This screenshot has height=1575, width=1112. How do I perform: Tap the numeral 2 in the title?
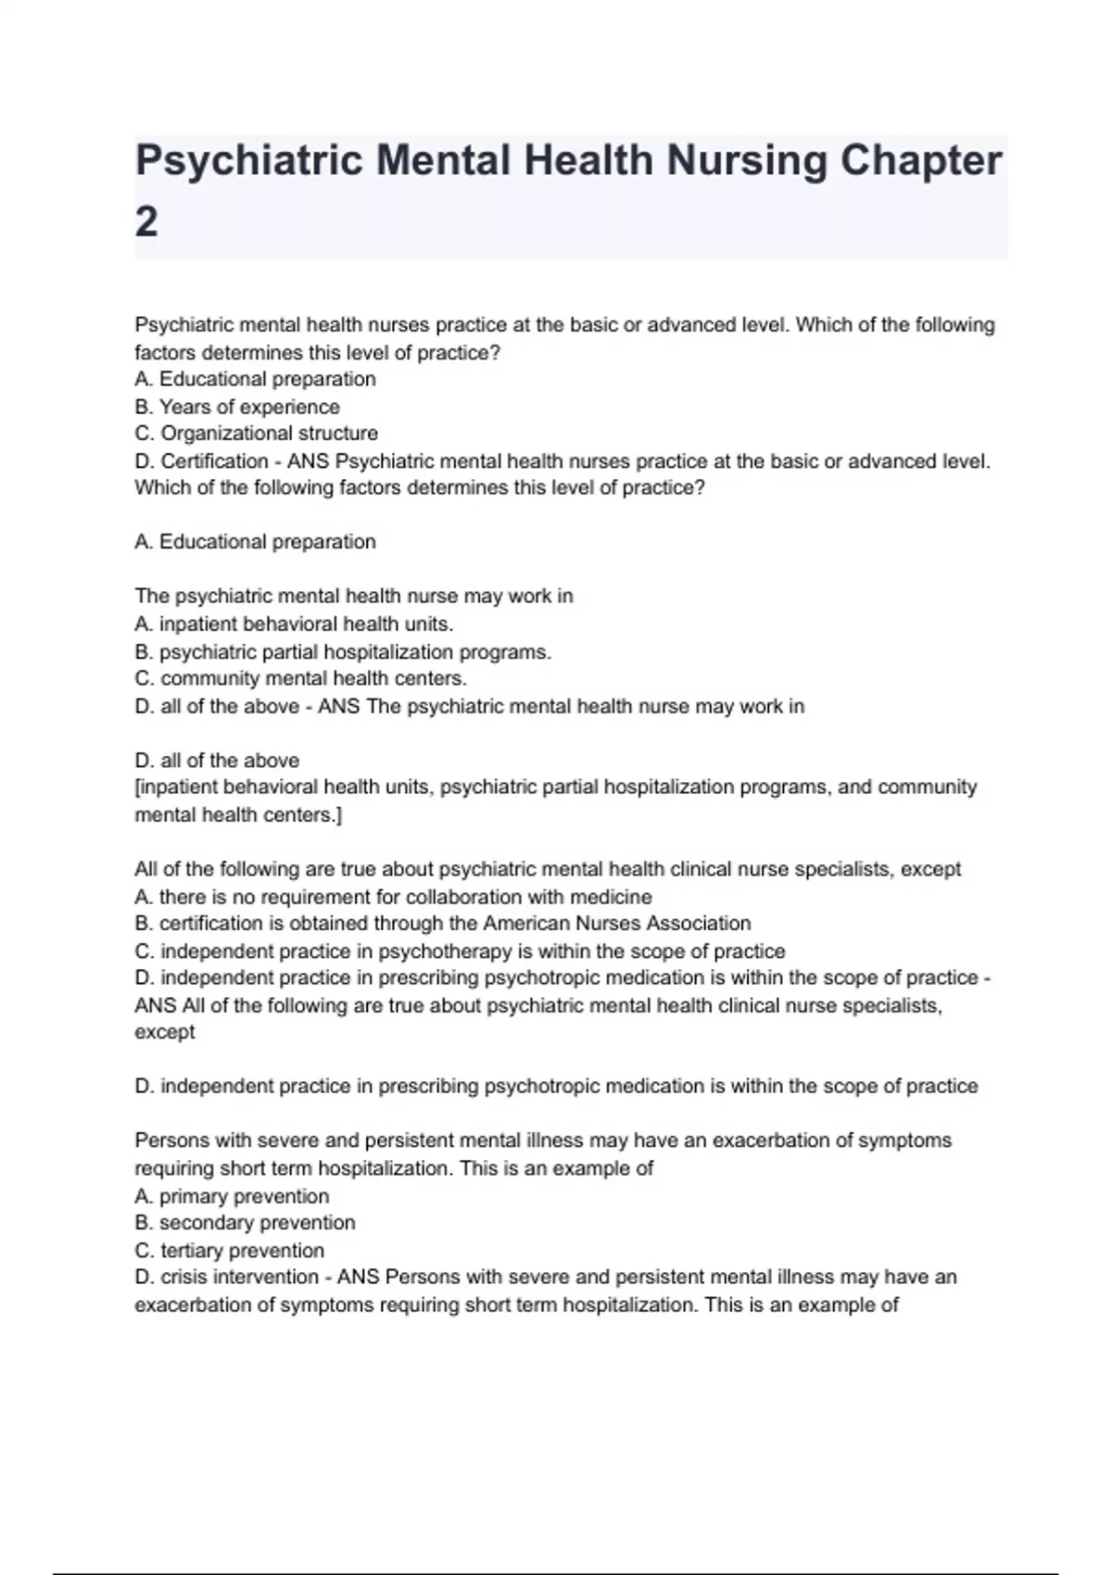(x=146, y=222)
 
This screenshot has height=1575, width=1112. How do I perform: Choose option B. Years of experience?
(x=237, y=407)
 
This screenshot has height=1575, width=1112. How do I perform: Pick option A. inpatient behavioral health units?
(x=294, y=624)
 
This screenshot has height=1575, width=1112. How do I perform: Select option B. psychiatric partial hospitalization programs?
(x=343, y=651)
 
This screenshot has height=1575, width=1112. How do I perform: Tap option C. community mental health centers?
(x=300, y=678)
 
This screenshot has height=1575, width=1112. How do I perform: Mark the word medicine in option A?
(x=613, y=897)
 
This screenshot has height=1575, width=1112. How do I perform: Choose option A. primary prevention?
(x=232, y=1196)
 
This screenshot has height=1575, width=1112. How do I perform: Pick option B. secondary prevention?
(x=245, y=1223)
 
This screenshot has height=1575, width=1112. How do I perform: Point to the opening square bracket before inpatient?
(x=137, y=787)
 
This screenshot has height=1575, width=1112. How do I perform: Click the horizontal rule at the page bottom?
(x=556, y=1573)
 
